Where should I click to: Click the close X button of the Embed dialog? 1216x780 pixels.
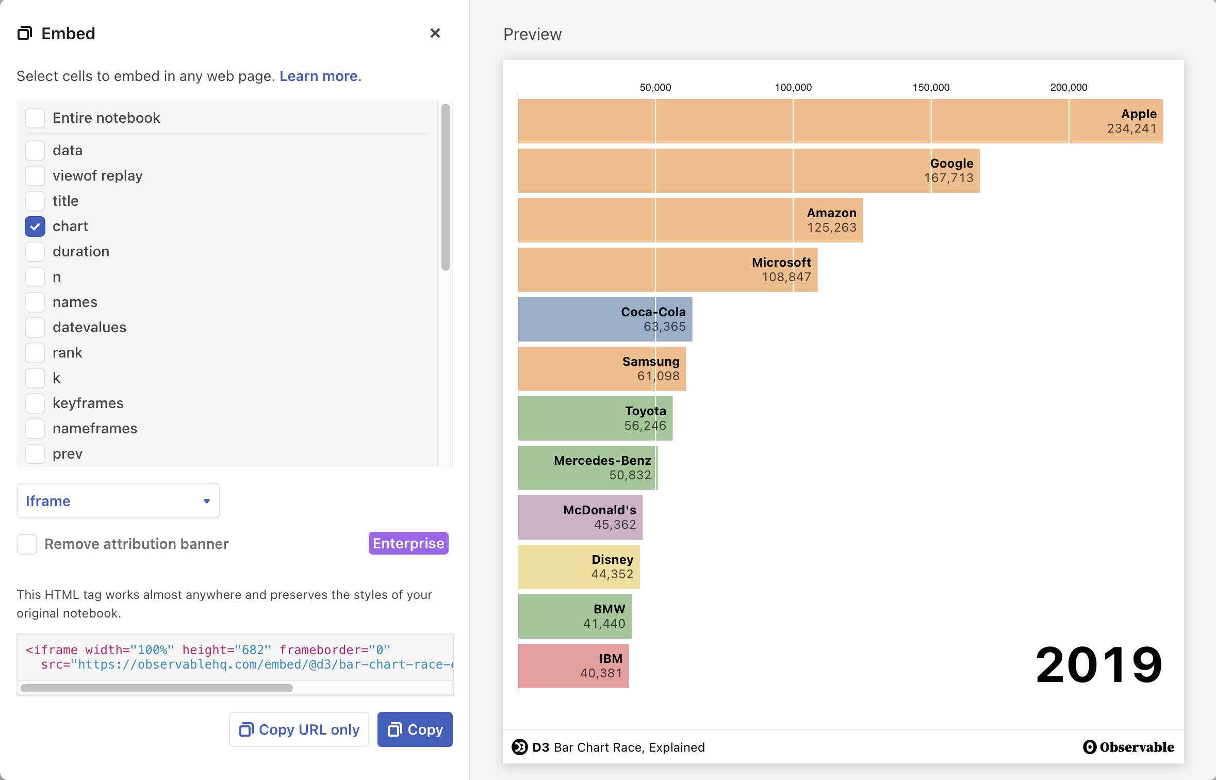tap(435, 33)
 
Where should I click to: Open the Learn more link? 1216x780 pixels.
tap(318, 76)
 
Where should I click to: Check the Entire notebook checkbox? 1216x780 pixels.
tap(35, 118)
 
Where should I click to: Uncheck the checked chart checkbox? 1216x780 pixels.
tap(35, 226)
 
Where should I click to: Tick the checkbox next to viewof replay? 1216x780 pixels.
tap(35, 175)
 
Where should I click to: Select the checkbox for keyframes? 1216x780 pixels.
tap(35, 403)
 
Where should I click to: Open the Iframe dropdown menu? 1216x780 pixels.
tap(118, 501)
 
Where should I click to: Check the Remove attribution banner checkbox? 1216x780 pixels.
tap(27, 544)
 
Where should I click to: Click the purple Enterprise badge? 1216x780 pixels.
tap(408, 543)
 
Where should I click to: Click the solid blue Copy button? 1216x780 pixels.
tap(415, 729)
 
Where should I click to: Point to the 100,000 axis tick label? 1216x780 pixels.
tap(793, 87)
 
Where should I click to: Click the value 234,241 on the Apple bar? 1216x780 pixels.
tap(1131, 128)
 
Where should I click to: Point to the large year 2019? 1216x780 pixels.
tap(1098, 664)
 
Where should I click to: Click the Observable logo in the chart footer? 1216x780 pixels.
tap(1128, 747)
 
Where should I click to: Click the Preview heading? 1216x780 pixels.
tap(532, 34)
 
